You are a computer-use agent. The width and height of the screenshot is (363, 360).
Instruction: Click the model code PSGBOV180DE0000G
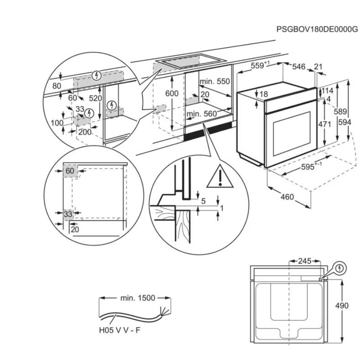point(317,29)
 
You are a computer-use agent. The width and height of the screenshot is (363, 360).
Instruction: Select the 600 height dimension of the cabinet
point(172,93)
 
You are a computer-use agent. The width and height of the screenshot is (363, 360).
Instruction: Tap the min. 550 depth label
point(215,81)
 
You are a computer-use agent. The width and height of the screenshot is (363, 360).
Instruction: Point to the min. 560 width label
point(202,114)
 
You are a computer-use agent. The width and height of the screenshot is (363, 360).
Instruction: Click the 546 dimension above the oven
point(299,67)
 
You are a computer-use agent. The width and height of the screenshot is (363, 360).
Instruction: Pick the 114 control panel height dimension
point(327,91)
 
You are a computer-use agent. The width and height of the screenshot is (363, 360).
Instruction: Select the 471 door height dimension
point(324,124)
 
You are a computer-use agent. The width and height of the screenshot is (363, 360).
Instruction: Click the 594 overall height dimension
point(345,122)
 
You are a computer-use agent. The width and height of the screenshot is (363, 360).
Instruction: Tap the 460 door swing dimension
point(287,197)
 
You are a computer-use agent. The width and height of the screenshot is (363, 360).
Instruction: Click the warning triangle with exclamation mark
point(220,176)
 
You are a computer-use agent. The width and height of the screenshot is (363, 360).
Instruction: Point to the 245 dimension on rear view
point(304,261)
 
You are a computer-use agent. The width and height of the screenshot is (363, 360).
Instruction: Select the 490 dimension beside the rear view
point(342,306)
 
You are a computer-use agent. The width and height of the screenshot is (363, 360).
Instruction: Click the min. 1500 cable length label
point(137,298)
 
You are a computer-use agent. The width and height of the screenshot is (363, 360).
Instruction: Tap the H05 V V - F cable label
point(120,330)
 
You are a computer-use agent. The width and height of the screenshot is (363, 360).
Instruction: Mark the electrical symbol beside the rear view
point(339,269)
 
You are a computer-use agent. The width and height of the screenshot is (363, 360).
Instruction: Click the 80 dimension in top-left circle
point(57,86)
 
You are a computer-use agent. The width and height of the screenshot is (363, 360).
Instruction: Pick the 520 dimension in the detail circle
point(96,98)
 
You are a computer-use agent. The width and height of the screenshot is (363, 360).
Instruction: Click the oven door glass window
point(292,134)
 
